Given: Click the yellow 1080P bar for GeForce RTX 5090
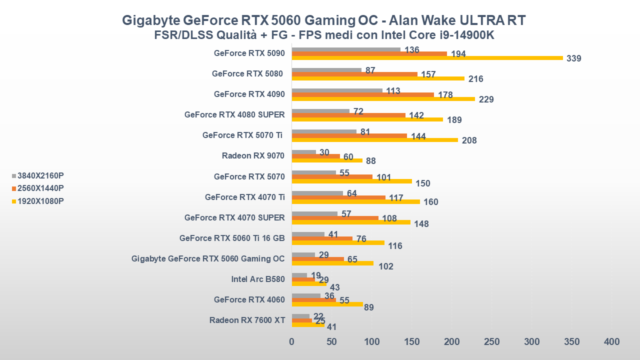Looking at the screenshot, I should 427,58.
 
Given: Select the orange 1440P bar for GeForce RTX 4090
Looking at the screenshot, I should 362,94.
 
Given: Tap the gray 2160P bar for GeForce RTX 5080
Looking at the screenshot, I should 326,70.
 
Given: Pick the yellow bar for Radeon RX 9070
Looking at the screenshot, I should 327,160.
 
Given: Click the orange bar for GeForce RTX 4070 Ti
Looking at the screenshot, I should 338,197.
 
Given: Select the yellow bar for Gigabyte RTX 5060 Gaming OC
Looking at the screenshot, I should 332,263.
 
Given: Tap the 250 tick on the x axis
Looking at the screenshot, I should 492,342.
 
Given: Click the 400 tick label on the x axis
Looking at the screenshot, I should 611,342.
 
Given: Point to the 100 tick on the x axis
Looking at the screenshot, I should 372,342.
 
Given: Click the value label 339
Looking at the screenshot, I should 574,58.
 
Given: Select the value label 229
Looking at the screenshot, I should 486,99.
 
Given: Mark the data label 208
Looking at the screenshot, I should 469,140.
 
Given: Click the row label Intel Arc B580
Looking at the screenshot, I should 258,279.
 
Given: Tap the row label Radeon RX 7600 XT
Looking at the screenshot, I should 247,320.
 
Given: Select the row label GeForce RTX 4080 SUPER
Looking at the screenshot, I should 234,114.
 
